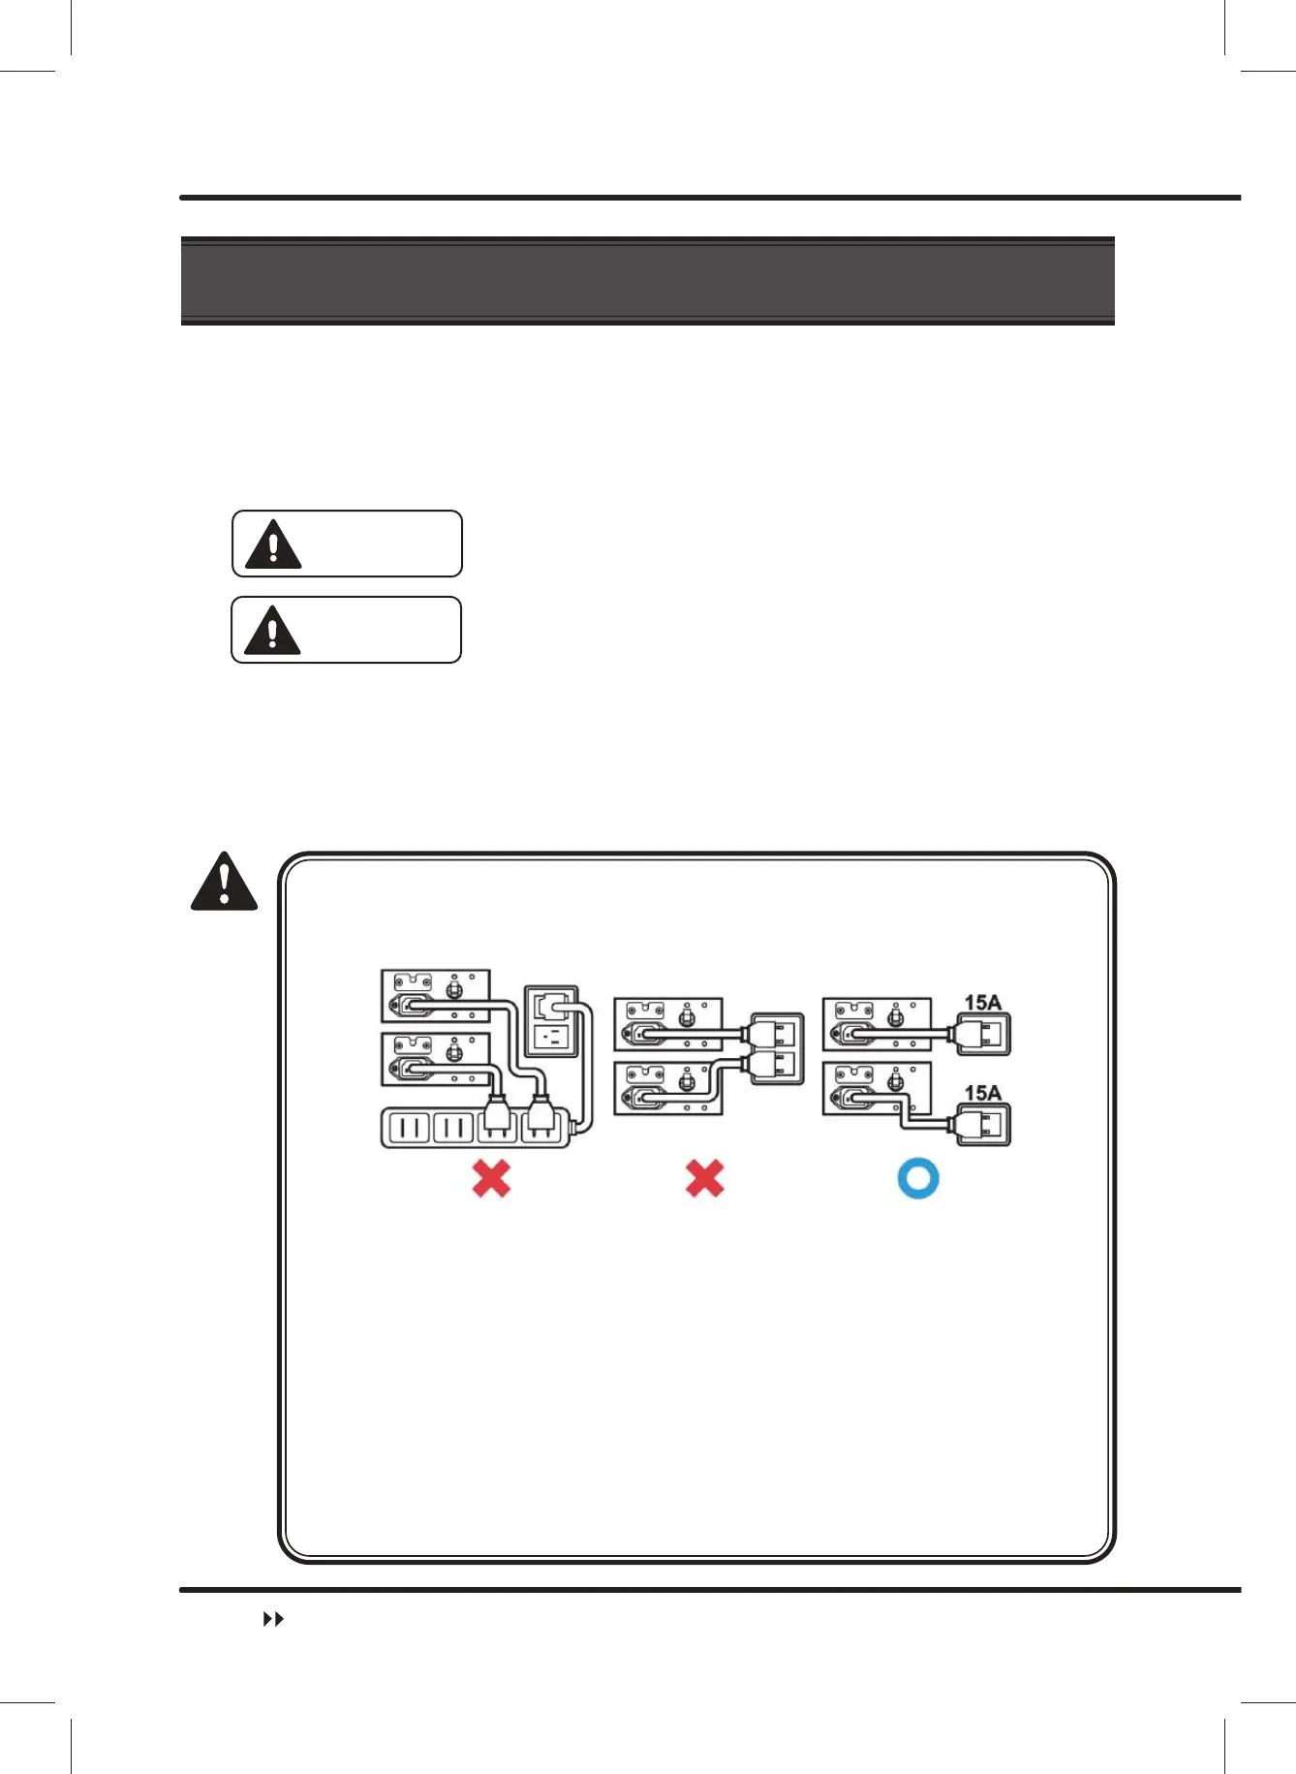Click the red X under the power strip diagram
491,1178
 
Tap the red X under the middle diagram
704,1178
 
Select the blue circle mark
918,1178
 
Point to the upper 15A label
982,1003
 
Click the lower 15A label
982,1093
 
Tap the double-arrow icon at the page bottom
274,1620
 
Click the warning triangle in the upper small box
273,545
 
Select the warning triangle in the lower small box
272,632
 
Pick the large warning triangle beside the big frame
224,883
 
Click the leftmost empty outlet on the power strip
408,1127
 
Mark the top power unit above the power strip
436,996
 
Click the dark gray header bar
647,281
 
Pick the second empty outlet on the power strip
452,1127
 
